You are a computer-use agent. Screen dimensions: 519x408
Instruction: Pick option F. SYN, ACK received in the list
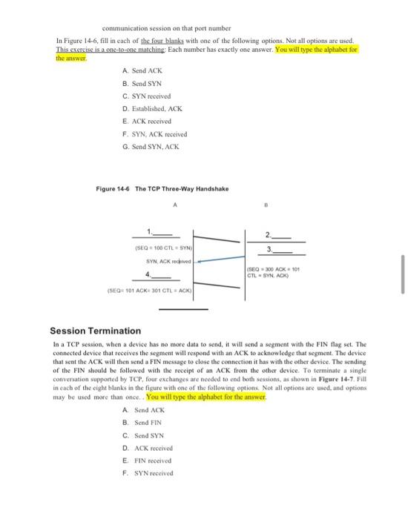point(155,134)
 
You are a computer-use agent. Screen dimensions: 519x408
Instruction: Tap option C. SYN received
point(147,96)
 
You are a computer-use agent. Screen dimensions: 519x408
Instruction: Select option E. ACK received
point(148,121)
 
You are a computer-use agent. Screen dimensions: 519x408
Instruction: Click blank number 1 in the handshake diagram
point(162,230)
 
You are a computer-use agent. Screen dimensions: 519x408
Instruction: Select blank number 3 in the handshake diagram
point(278,250)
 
